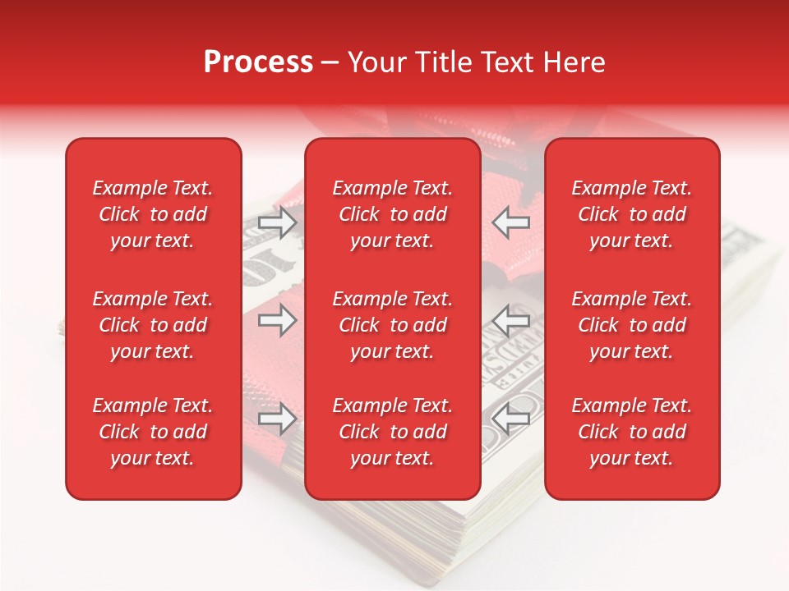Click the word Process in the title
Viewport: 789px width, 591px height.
(258, 62)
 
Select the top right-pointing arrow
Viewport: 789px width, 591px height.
(278, 222)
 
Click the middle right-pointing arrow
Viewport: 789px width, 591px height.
(278, 320)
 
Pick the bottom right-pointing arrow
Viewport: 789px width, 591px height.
(278, 419)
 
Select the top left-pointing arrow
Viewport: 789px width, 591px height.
(511, 222)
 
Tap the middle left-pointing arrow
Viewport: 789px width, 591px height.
(511, 320)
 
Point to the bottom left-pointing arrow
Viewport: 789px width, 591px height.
(511, 419)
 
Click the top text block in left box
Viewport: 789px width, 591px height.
(153, 214)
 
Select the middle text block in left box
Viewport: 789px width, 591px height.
(153, 325)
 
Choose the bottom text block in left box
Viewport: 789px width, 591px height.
(153, 432)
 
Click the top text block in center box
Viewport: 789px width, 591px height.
(393, 214)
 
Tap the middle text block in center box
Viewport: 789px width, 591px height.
(393, 325)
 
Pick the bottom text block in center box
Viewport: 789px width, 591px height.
(393, 432)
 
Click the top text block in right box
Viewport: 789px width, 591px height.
(632, 214)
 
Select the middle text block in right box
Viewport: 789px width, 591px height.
(632, 325)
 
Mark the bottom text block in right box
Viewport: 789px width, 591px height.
(632, 432)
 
